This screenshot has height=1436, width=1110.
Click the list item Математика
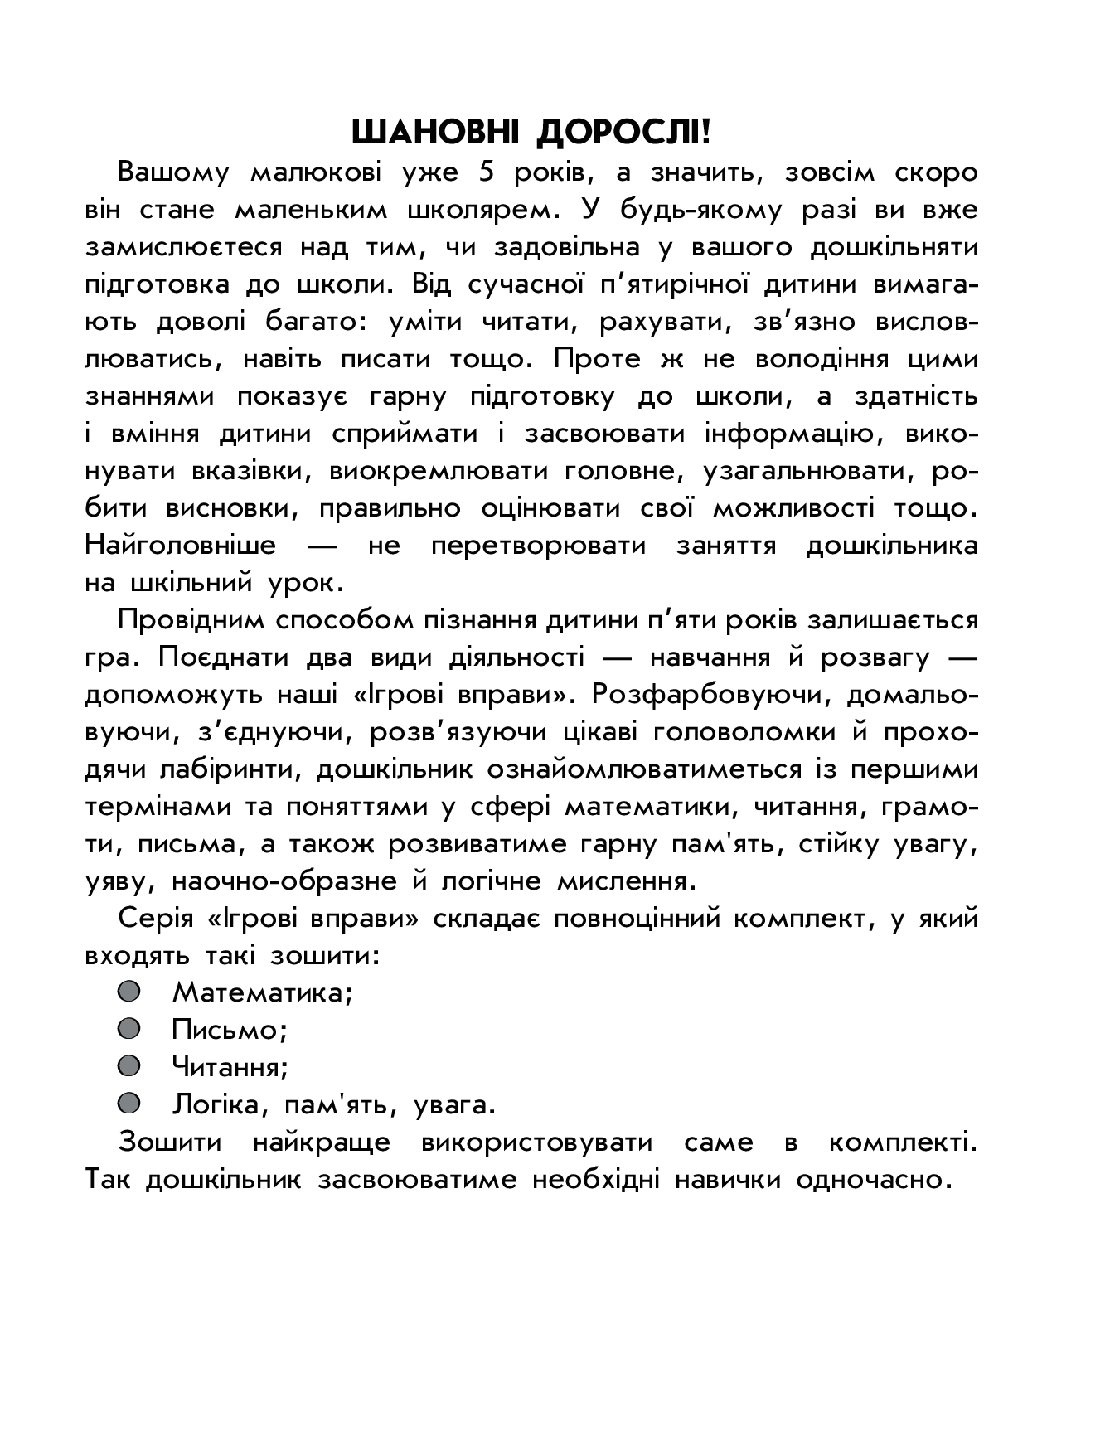pyautogui.click(x=262, y=992)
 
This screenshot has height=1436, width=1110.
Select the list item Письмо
pyautogui.click(x=229, y=1030)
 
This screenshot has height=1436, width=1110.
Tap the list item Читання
pyautogui.click(x=230, y=1067)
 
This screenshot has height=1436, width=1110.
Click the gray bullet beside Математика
pyautogui.click(x=128, y=992)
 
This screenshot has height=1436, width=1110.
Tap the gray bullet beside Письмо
pyautogui.click(x=128, y=1029)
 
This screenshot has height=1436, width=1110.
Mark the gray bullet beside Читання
pyautogui.click(x=128, y=1065)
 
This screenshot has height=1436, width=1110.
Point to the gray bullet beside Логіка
pyautogui.click(x=128, y=1104)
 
